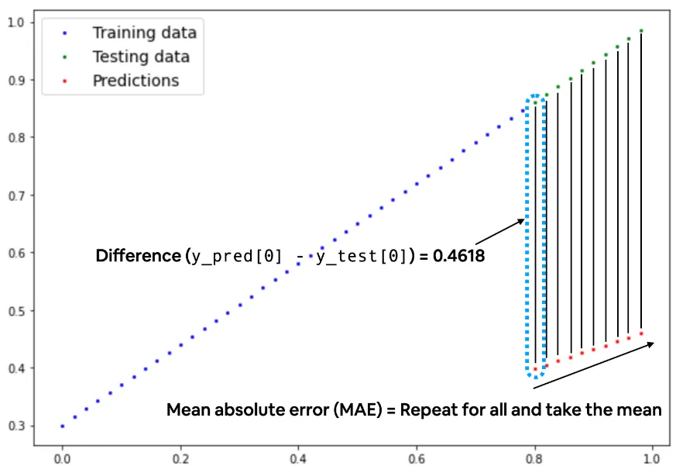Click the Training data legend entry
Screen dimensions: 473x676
click(x=144, y=33)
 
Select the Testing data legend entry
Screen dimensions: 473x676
click(x=140, y=57)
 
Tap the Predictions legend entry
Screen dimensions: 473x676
click(x=136, y=81)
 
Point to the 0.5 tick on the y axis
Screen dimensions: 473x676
click(x=15, y=310)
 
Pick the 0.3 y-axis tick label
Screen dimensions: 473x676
click(x=15, y=426)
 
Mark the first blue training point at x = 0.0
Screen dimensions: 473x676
click(x=63, y=426)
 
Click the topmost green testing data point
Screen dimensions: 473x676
click(x=641, y=30)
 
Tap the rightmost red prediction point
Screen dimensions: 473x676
click(x=641, y=333)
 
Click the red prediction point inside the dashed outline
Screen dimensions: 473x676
click(x=535, y=368)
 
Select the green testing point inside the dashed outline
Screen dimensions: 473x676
click(x=535, y=102)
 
